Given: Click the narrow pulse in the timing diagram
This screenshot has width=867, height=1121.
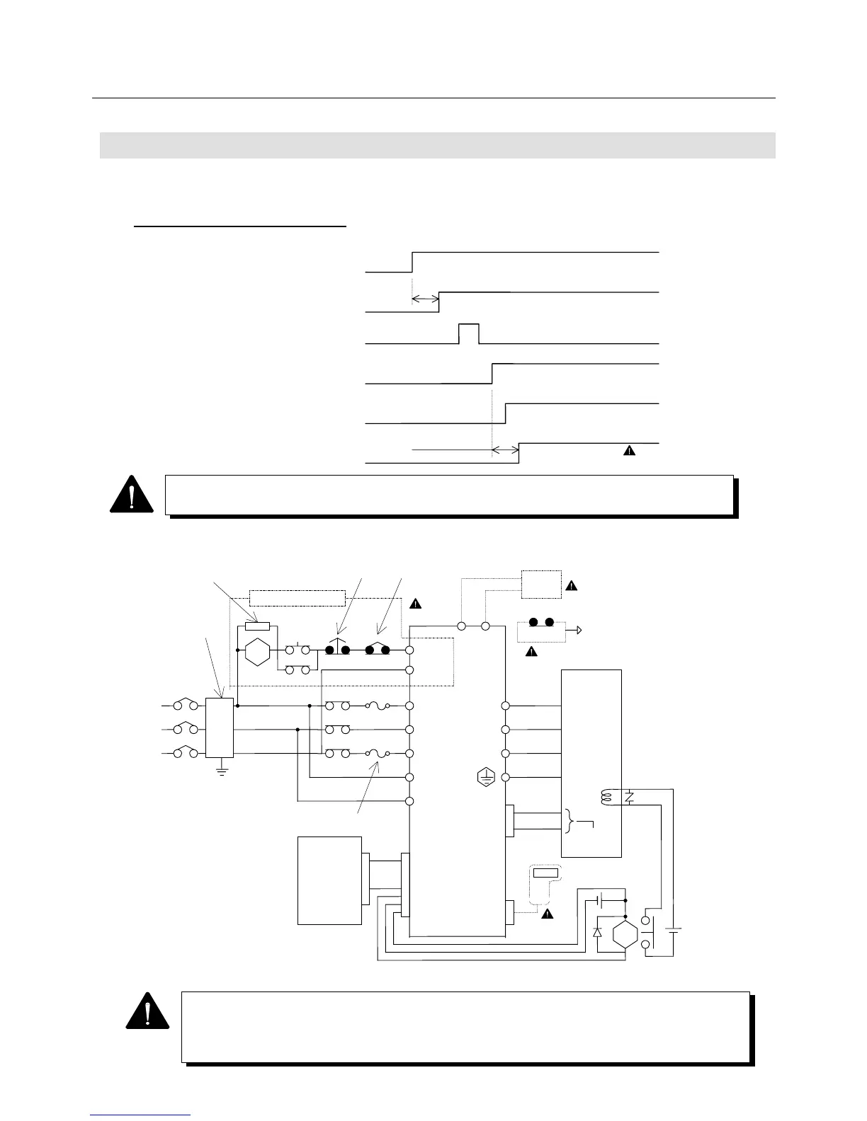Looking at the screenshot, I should point(469,333).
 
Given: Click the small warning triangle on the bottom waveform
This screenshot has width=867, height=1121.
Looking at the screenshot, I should point(628,450).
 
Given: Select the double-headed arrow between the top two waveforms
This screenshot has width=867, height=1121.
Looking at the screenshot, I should point(425,300).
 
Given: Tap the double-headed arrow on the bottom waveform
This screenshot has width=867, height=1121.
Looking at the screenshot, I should point(505,450).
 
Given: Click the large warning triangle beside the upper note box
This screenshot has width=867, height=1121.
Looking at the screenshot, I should point(132,495).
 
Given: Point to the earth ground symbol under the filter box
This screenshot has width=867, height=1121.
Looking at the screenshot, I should point(222,769).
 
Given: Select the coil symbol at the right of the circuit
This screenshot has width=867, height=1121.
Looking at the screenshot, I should point(606,797).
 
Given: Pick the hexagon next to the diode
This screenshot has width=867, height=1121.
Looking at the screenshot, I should point(625,934).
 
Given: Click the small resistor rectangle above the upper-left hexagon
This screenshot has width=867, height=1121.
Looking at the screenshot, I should point(256,626).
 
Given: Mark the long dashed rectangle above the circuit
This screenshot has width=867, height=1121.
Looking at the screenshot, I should point(297,597).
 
